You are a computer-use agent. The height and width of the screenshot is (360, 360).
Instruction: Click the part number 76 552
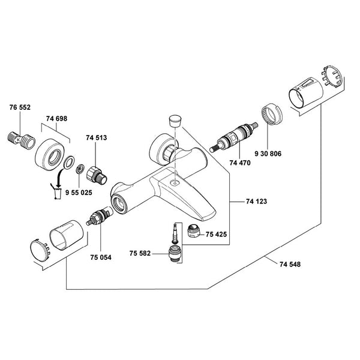pos(20,108)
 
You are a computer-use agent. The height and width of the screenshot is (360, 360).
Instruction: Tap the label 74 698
pos(56,119)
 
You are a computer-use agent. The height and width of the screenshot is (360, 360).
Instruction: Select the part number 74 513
pos(97,138)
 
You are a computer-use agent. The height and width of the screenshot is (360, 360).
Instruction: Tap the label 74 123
pos(256,202)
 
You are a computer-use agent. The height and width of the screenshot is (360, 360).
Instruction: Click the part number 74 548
pos(292,262)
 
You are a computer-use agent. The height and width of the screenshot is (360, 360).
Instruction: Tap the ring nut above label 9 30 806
pos(271,116)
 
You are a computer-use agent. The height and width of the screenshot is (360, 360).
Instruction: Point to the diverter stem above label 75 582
pos(175,236)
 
